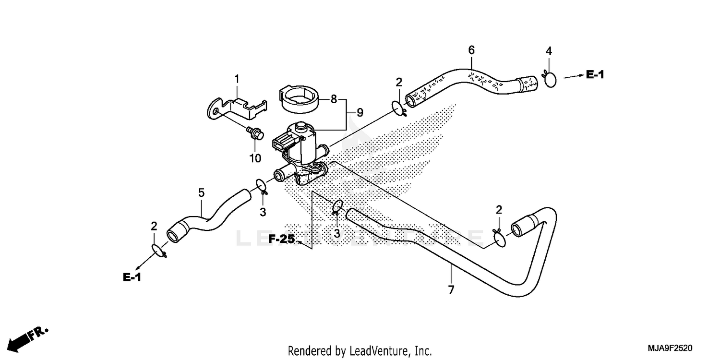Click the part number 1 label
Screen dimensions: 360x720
[x=236, y=78]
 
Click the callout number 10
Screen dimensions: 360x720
[x=254, y=158]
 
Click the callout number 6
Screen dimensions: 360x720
[x=471, y=49]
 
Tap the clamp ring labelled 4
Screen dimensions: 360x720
[x=550, y=79]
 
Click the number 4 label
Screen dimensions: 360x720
[x=549, y=51]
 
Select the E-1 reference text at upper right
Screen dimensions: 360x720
[x=595, y=74]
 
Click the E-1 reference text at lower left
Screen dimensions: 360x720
[x=132, y=277]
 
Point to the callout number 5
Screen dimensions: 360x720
[x=202, y=193]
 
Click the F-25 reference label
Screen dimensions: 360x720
[x=281, y=239]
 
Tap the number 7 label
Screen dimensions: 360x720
[x=451, y=290]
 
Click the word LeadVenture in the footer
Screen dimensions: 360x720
[x=375, y=350]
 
